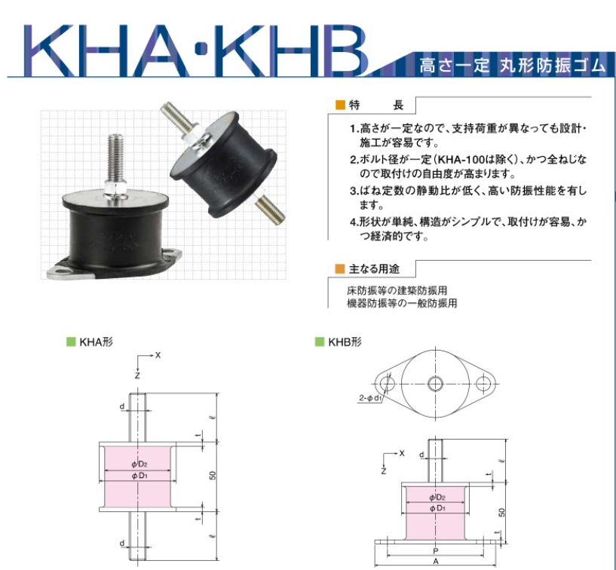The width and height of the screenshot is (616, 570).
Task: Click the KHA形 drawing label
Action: tap(96, 342)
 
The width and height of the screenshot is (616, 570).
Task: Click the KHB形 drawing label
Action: tap(345, 342)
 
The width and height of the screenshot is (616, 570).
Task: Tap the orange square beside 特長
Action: tap(340, 105)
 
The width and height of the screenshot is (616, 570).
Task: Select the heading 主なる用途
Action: tap(374, 269)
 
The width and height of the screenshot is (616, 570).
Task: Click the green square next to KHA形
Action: tap(71, 342)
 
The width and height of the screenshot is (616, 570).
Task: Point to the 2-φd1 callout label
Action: tap(370, 398)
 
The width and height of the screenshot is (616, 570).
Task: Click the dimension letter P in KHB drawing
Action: tap(435, 551)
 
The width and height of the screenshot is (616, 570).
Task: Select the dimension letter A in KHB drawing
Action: tap(435, 562)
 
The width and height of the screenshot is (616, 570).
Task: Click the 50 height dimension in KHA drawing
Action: tap(213, 475)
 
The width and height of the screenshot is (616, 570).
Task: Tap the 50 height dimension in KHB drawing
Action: tap(501, 512)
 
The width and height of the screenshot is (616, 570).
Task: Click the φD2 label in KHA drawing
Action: tap(139, 464)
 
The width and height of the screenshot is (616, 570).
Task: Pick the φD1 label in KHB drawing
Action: tap(437, 508)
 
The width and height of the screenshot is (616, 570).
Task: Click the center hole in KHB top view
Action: tap(435, 383)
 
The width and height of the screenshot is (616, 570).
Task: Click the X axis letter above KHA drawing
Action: tap(158, 355)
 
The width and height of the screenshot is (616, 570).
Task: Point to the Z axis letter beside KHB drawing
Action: tap(384, 470)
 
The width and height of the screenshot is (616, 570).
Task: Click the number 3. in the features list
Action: tap(354, 191)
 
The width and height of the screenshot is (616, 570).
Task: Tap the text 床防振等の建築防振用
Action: tap(397, 291)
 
